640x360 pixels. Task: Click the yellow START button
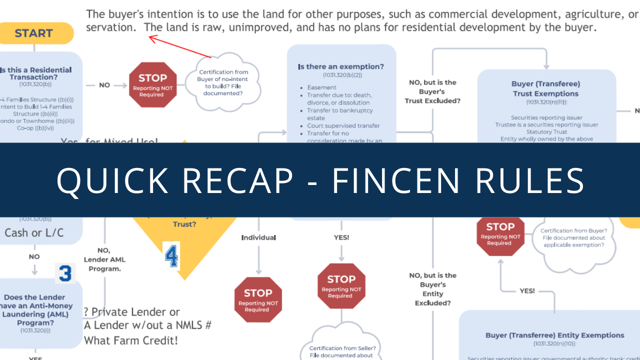[34, 33]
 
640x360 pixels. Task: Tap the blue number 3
[65, 273]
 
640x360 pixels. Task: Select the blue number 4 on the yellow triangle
[171, 255]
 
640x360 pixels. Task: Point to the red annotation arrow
[180, 46]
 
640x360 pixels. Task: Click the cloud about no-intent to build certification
[223, 82]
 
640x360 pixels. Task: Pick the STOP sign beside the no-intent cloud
[152, 84]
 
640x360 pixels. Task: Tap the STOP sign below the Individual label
[258, 299]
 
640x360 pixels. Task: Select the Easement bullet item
[322, 87]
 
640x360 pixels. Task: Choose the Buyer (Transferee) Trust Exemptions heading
[545, 89]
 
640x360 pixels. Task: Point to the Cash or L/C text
[34, 232]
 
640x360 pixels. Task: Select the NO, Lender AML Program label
[104, 259]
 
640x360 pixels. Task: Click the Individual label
[258, 237]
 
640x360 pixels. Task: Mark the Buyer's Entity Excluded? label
[432, 289]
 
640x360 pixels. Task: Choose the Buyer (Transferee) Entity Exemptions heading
[548, 335]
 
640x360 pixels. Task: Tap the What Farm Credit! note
[131, 340]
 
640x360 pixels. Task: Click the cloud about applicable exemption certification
[573, 238]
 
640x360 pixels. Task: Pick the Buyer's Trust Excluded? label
[432, 91]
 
